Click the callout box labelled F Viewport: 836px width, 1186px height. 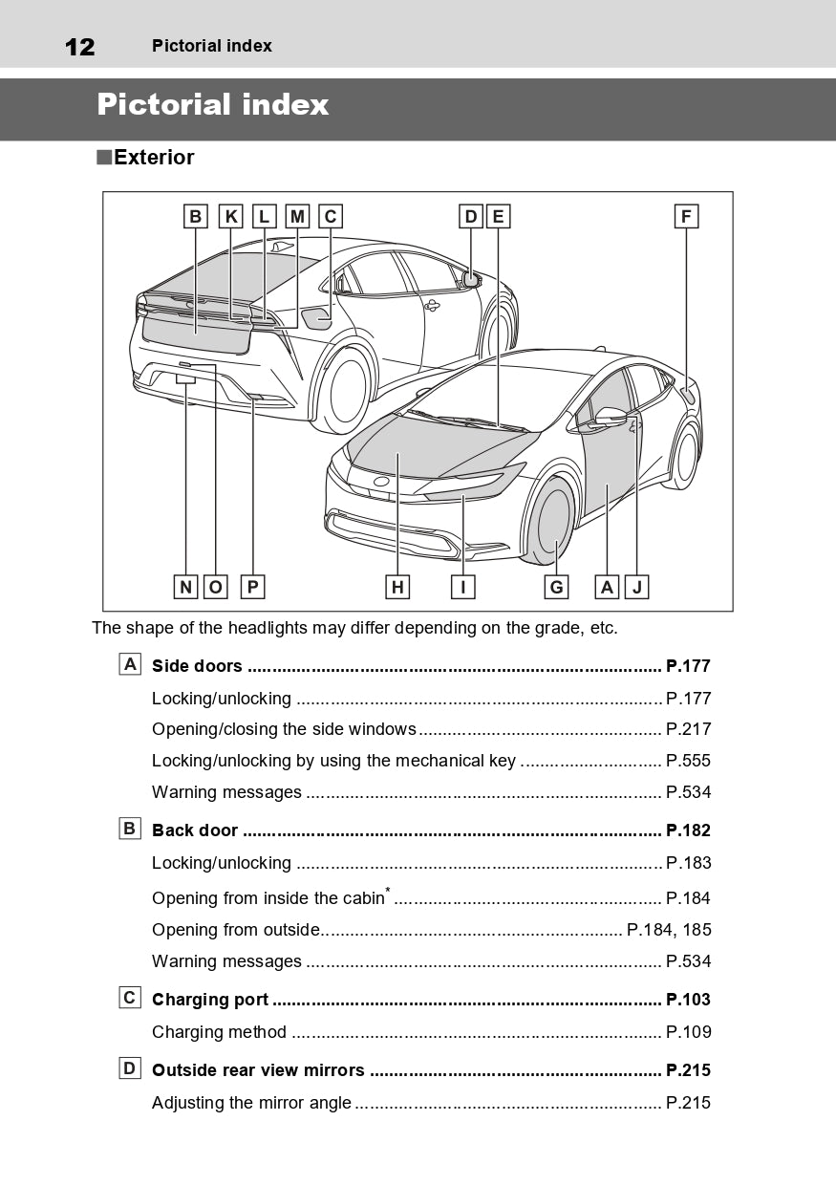click(x=685, y=217)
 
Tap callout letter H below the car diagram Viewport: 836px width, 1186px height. click(x=397, y=587)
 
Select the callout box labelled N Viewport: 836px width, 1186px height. click(x=186, y=587)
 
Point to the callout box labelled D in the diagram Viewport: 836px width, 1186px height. click(x=470, y=217)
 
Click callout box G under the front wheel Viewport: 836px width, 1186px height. click(x=556, y=587)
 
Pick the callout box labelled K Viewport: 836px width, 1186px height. click(x=230, y=217)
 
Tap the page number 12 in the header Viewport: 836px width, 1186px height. click(x=79, y=46)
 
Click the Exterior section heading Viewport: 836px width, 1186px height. click(x=153, y=158)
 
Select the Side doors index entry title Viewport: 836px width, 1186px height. click(x=197, y=666)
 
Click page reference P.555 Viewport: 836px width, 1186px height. click(x=688, y=761)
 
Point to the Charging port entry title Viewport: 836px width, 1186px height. click(x=210, y=1000)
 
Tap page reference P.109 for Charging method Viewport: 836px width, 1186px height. click(x=688, y=1032)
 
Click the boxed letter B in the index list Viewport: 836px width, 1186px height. click(x=130, y=829)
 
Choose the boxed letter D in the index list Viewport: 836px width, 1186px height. click(x=130, y=1068)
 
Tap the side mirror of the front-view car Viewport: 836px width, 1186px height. click(x=611, y=417)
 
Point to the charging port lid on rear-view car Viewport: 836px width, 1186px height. click(x=315, y=316)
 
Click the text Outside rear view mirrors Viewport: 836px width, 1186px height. click(x=258, y=1070)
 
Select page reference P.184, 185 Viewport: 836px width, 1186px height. click(x=669, y=930)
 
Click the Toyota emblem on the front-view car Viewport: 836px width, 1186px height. click(x=381, y=482)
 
